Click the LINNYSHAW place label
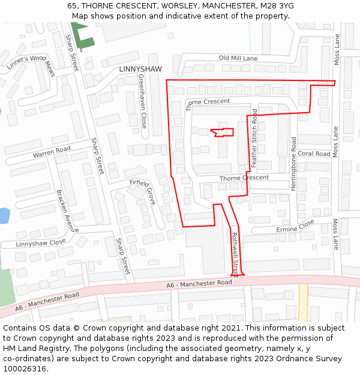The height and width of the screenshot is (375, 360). pyautogui.click(x=140, y=69)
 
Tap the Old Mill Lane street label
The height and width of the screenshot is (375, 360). pyautogui.click(x=238, y=58)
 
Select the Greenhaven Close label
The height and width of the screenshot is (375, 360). pyautogui.click(x=143, y=101)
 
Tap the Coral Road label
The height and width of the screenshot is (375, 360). pyautogui.click(x=314, y=154)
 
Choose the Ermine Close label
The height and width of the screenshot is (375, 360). pyautogui.click(x=295, y=226)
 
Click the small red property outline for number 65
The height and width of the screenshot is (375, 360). pyautogui.click(x=223, y=132)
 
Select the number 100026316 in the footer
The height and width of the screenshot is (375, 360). pyautogui.click(x=25, y=368)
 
